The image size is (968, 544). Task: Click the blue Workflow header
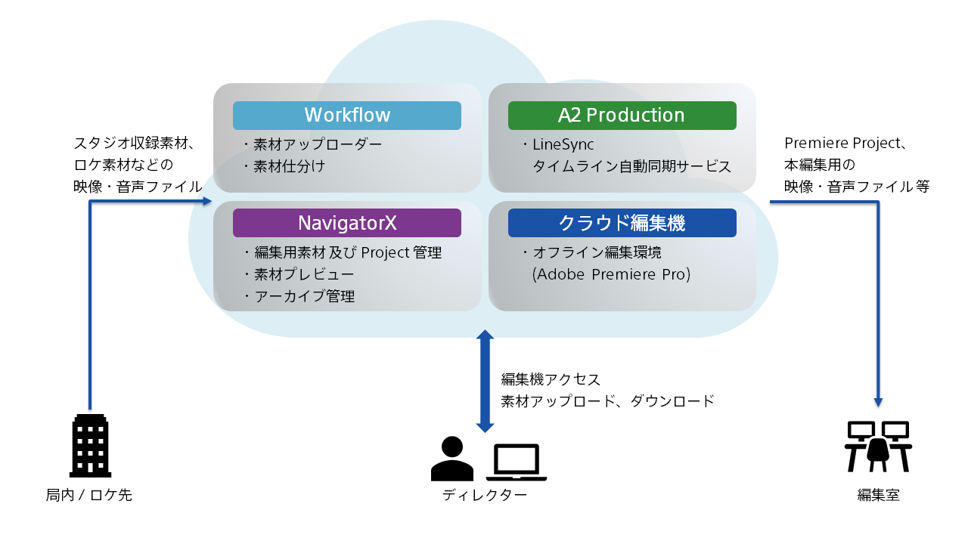(347, 115)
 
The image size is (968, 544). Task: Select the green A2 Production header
(622, 115)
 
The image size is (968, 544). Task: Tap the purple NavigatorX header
(347, 222)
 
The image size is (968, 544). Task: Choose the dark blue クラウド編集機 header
(622, 222)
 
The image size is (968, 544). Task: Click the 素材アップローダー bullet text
(312, 144)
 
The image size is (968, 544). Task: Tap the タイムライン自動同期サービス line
(631, 166)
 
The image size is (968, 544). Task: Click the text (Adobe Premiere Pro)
(611, 274)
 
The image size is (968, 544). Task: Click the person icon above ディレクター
(452, 459)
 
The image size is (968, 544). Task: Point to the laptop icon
(517, 462)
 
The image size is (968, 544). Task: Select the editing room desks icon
(878, 447)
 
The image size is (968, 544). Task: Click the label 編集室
(878, 496)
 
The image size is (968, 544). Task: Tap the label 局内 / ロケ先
(89, 496)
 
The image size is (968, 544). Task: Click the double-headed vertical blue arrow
(486, 381)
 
